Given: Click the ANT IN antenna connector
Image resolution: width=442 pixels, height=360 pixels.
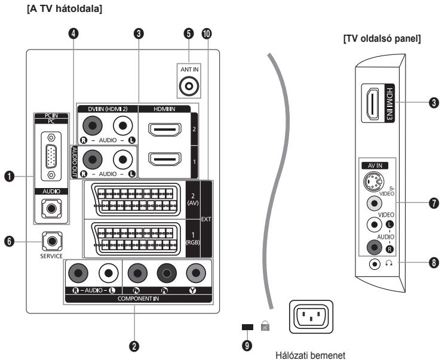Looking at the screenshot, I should (x=190, y=86).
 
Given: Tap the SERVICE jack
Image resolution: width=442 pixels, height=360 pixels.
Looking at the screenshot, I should (x=52, y=242).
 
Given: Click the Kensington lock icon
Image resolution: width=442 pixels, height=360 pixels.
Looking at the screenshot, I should (x=265, y=325).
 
